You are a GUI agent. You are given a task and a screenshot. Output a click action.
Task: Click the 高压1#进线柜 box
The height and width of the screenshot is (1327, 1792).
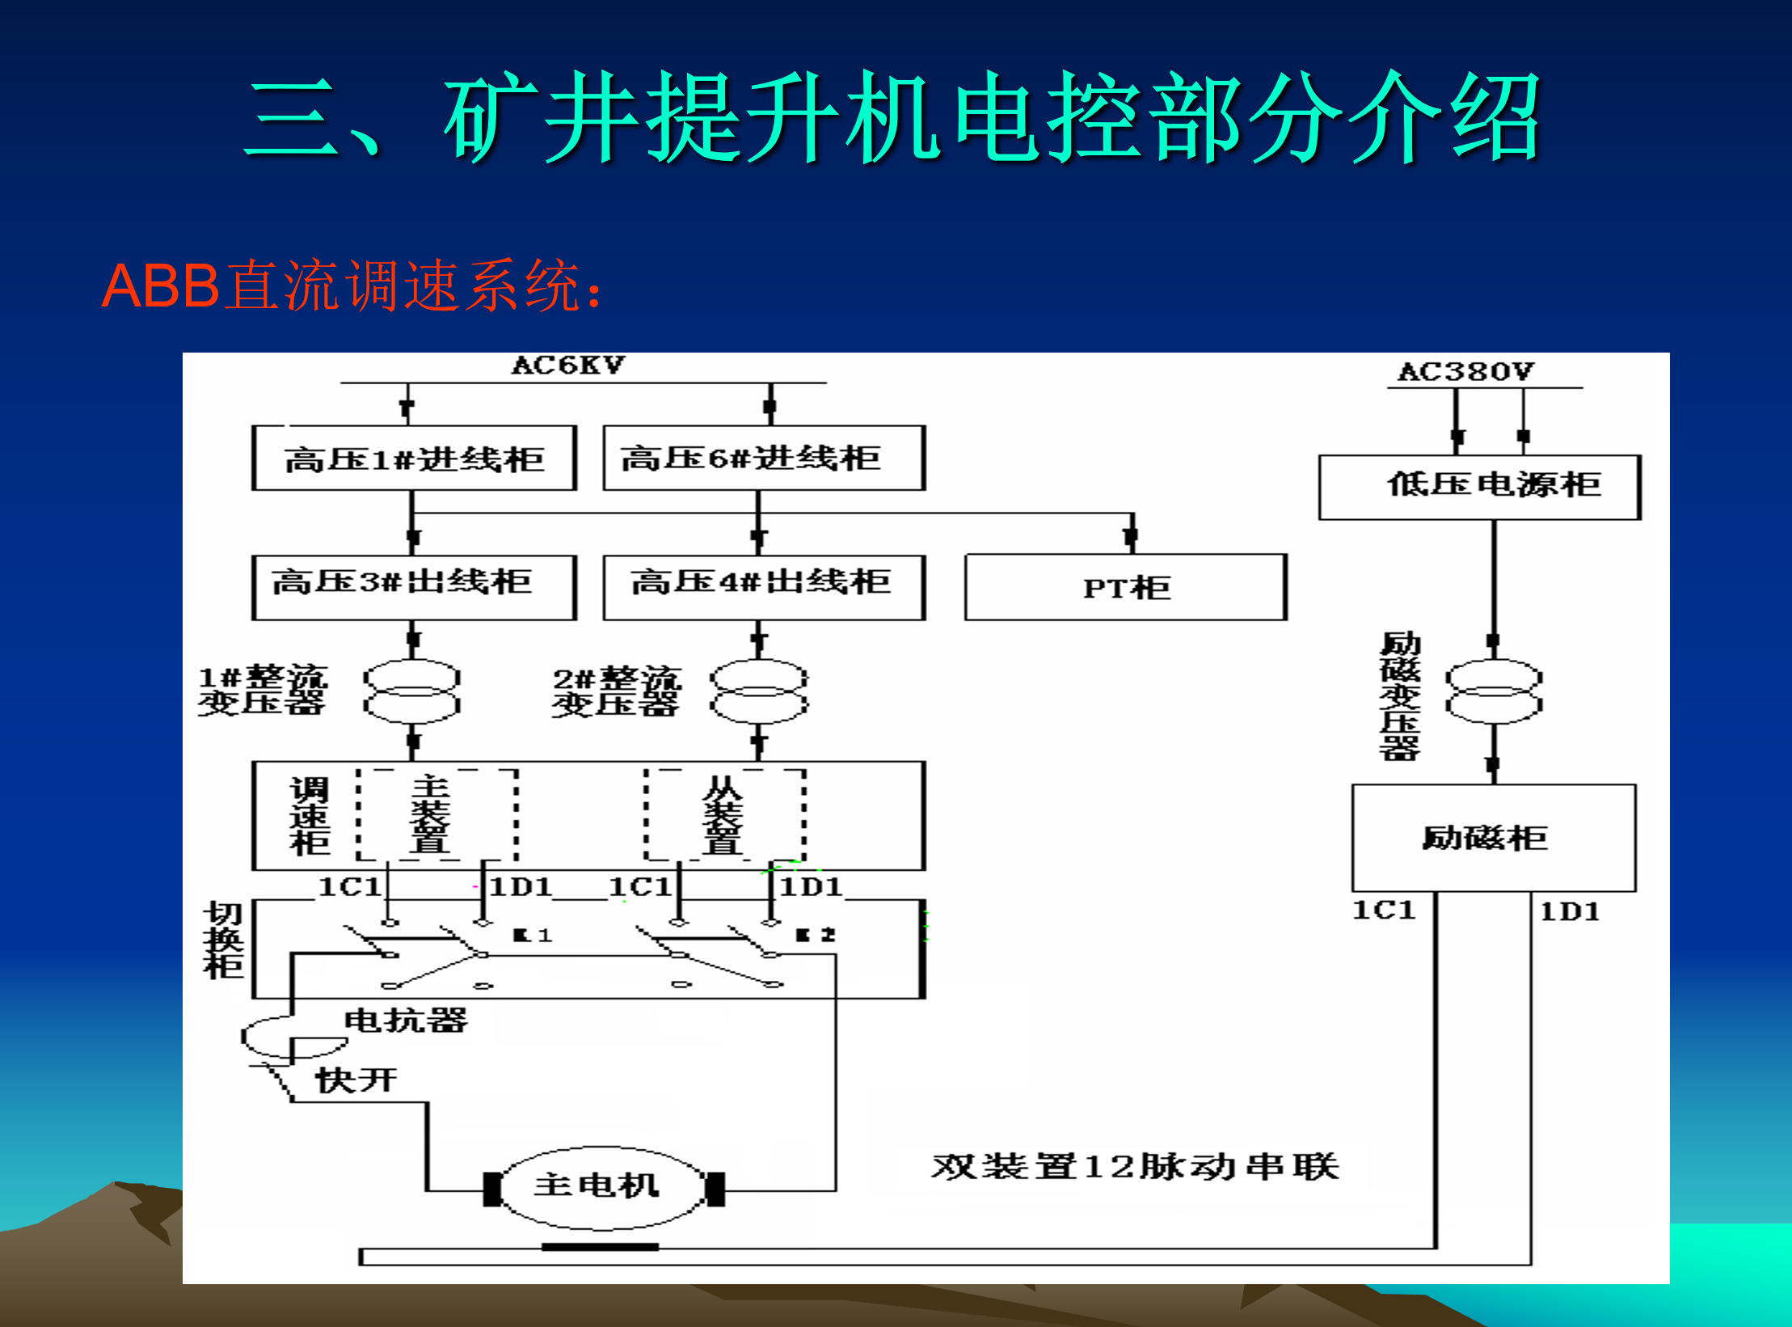coord(414,459)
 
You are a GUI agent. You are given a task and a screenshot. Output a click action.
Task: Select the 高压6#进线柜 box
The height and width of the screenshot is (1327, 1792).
coord(764,459)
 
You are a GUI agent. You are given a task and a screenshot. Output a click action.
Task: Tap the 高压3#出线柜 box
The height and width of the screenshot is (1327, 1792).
coord(414,587)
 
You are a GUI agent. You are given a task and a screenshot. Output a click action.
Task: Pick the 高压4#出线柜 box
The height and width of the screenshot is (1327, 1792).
coord(764,587)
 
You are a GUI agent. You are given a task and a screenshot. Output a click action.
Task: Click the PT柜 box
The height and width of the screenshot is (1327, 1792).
coord(1126,587)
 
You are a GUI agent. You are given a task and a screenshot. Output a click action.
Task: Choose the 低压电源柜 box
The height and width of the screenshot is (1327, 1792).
coord(1479,487)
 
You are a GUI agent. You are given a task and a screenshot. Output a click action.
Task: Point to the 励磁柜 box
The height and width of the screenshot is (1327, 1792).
coord(1494,838)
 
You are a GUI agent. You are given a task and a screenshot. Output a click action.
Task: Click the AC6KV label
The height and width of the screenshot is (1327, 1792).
coord(568,366)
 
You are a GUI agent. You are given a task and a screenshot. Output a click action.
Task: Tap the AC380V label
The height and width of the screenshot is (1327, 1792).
coord(1465,372)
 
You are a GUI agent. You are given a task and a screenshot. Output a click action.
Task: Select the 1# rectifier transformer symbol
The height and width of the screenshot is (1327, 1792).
coord(412,691)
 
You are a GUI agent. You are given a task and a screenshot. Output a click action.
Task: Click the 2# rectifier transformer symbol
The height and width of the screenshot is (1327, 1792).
coord(759,691)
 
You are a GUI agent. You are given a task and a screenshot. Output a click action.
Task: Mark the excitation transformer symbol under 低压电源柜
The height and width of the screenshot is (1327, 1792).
coord(1494,691)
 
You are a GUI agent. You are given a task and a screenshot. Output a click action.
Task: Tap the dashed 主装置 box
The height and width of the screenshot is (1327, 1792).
coord(437,814)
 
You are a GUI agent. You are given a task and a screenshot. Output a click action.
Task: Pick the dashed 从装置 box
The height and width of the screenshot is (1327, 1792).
coord(724,814)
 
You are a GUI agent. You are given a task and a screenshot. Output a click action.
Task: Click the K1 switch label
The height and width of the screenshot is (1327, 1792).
coord(533,936)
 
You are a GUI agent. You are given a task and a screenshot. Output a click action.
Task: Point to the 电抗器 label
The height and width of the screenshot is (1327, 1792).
coord(405,1021)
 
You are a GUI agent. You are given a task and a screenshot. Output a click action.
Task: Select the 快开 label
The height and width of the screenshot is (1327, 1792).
coord(356,1080)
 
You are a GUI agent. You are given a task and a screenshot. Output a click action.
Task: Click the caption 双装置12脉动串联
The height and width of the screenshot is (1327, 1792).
coord(1135,1167)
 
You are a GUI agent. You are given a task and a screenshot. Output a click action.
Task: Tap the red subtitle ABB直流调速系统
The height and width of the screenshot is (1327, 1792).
coord(352,286)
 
